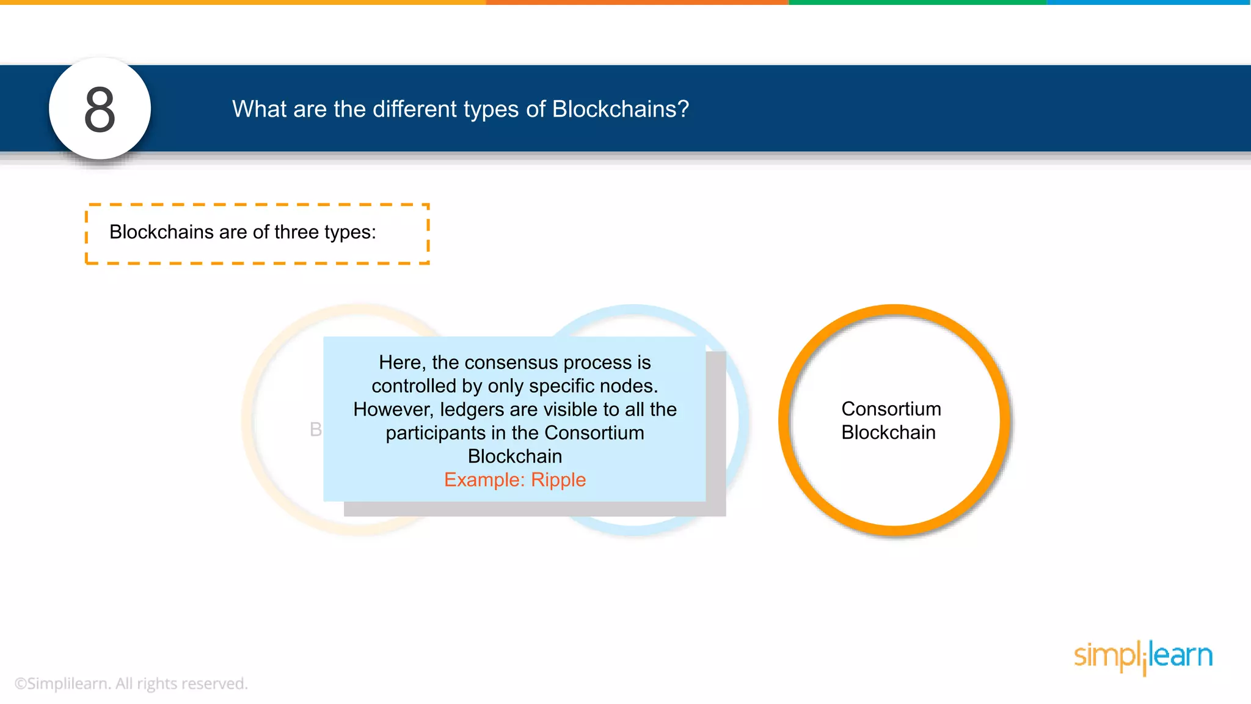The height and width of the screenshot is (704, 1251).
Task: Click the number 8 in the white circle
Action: pos(100,110)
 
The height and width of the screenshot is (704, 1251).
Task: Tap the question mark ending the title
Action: pos(684,109)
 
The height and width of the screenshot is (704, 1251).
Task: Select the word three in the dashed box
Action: pos(296,232)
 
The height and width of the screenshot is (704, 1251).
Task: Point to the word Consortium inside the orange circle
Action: pos(891,409)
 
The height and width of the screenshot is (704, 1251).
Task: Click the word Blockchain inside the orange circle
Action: pos(888,433)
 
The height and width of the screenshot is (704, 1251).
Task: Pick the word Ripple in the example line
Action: pos(558,480)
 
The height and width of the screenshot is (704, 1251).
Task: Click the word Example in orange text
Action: pos(483,480)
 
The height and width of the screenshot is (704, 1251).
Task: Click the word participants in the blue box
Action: pos(436,433)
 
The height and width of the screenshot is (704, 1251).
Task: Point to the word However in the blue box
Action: pos(392,409)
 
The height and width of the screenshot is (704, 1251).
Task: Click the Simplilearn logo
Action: pos(1143,657)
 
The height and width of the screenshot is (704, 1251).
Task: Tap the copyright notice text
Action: pos(131,683)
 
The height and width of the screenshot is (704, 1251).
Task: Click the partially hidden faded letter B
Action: pos(315,430)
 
